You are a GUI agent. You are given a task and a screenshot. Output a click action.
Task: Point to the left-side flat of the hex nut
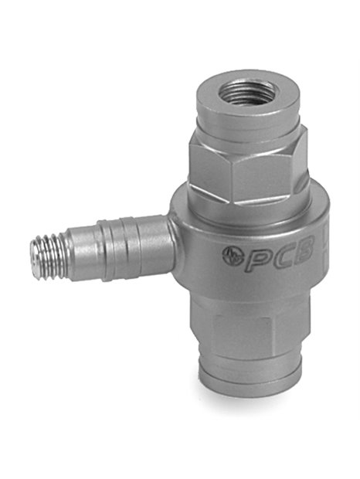(209, 170)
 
